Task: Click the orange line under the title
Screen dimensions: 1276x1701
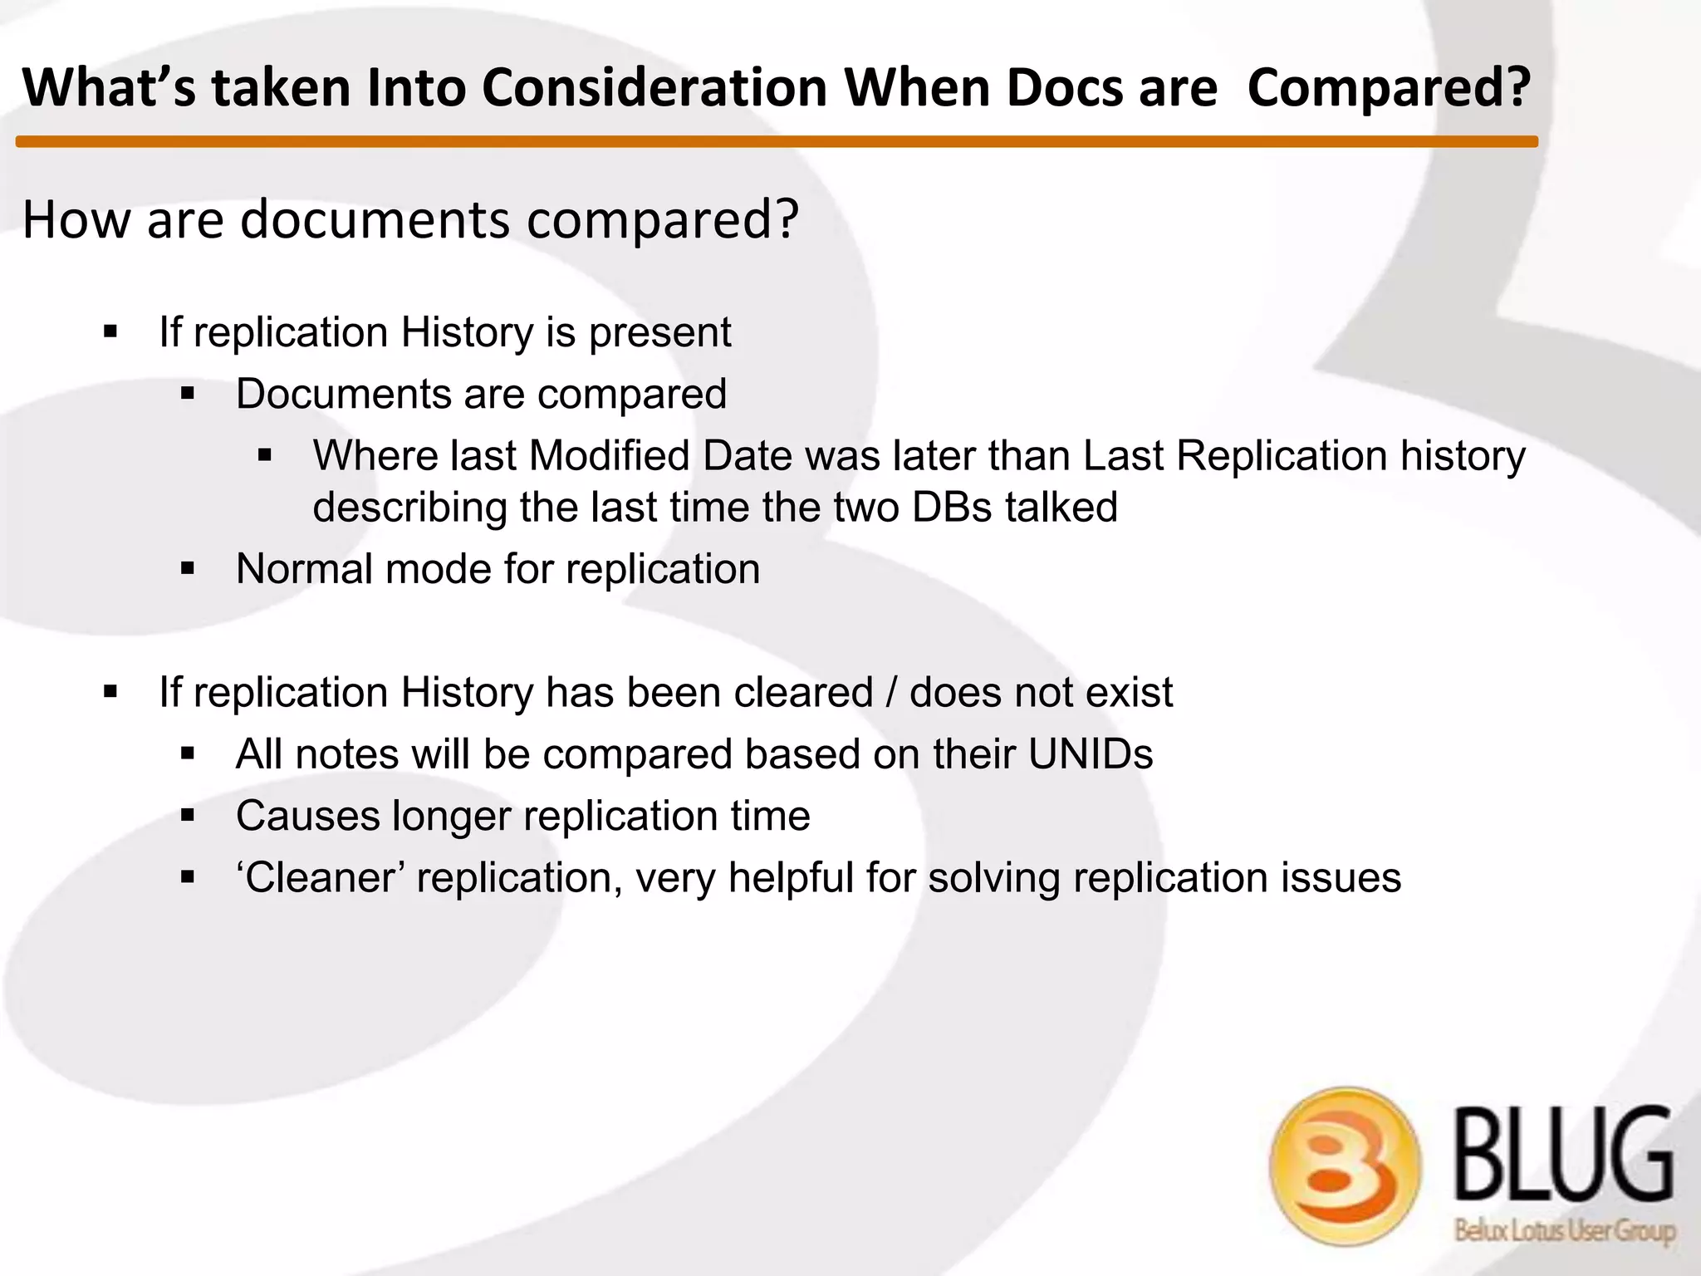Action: point(777,142)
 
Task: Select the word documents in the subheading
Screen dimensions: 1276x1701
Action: point(375,219)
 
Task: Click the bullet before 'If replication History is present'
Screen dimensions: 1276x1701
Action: point(110,332)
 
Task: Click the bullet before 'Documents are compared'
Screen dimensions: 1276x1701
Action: point(188,394)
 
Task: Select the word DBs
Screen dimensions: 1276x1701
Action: point(951,508)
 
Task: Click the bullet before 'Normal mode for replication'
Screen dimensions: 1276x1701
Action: point(188,570)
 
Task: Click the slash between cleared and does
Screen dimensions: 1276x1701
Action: point(891,693)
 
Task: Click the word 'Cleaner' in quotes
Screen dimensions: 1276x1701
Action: point(320,878)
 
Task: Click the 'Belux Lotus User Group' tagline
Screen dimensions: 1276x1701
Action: point(1565,1231)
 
